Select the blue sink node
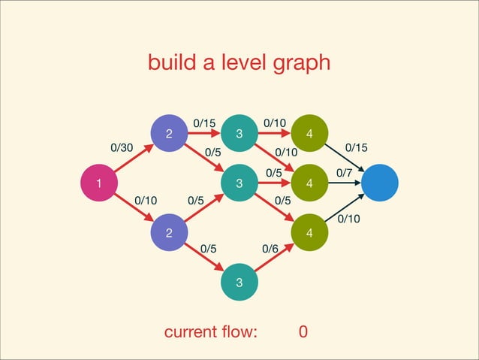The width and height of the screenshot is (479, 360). point(381,183)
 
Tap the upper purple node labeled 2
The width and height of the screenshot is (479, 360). point(170,134)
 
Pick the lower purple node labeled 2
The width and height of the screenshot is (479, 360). point(170,232)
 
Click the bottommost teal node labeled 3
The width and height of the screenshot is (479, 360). point(239,282)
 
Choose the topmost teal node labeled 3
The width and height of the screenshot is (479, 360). point(239,134)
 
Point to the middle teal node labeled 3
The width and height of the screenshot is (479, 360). point(239,183)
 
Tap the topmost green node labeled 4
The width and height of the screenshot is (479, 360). point(309,134)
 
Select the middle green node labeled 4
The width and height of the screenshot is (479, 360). point(309,183)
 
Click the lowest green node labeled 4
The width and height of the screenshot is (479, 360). point(309,232)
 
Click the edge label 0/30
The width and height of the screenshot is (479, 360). point(122,148)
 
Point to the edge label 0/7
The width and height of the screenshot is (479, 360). point(345,174)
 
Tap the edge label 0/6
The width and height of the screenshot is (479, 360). point(270,249)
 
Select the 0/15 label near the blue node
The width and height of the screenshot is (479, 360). point(356,148)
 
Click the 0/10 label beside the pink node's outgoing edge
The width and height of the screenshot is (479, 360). point(146,201)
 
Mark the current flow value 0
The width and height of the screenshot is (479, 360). point(303,332)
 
